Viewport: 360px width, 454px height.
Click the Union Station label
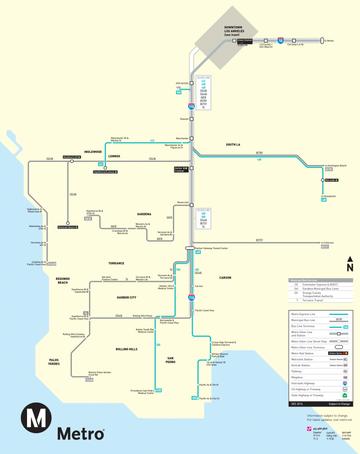pyautogui.click(x=245, y=40)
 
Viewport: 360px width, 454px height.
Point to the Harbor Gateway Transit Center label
pyautogui.click(x=211, y=248)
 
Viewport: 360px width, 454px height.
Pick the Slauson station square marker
pyautogui.click(x=192, y=119)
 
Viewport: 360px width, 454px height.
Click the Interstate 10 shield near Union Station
pyautogui.click(x=280, y=40)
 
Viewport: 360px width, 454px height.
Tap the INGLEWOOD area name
pyautogui.click(x=93, y=152)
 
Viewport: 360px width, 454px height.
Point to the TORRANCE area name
pyautogui.click(x=116, y=263)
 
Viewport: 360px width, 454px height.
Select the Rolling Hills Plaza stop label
pyautogui.click(x=143, y=316)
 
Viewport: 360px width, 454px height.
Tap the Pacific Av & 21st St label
pyautogui.click(x=209, y=399)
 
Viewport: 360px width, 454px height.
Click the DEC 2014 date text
pyautogui.click(x=297, y=404)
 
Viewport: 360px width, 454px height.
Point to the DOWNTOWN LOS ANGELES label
pyautogui.click(x=231, y=31)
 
